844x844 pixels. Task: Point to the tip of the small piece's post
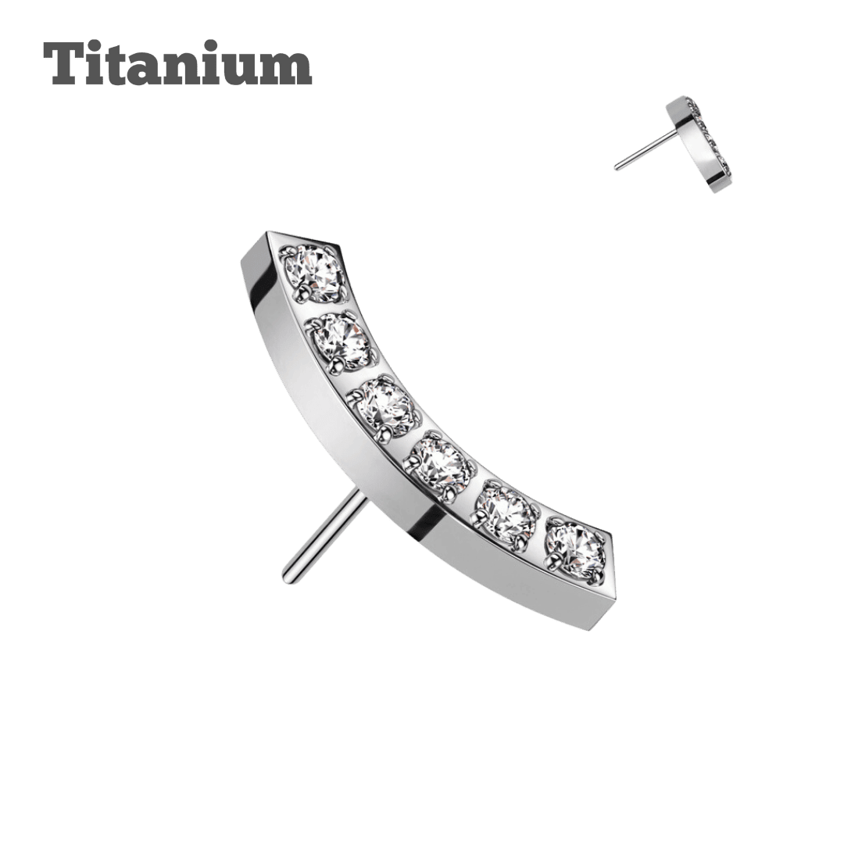coord(617,166)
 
